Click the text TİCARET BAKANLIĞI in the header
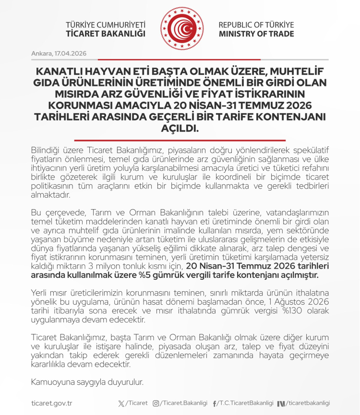coord(106,34)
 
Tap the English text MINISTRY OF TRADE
coord(256,34)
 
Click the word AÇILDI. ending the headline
coord(180,129)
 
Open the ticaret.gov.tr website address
coord(51,403)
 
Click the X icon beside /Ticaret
coord(120,403)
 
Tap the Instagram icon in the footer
coord(156,403)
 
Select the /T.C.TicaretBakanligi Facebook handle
coord(245,403)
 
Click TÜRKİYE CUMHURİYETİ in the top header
coord(106,24)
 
